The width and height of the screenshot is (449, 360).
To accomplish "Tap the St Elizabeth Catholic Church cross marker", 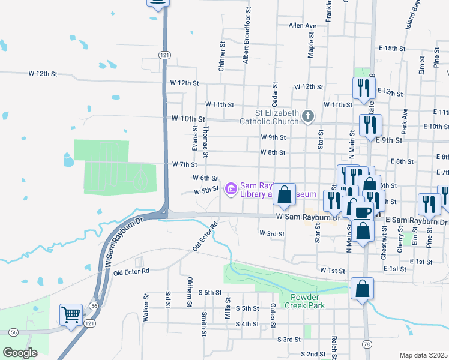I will tap(307, 116).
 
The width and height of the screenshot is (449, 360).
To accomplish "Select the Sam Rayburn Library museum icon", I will tap(231, 190).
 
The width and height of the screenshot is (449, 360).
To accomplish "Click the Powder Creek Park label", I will tap(307, 301).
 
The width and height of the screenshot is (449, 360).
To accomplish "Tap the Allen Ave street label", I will tap(302, 26).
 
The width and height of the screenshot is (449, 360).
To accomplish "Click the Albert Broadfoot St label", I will tap(246, 35).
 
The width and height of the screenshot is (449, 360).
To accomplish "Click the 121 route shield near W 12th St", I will tap(165, 55).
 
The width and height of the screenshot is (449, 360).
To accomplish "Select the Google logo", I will tap(20, 353).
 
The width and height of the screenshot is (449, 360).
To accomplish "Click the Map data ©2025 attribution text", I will tap(423, 355).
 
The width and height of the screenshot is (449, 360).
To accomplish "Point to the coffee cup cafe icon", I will tap(361, 211).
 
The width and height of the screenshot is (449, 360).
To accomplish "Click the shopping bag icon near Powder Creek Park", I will tap(363, 289).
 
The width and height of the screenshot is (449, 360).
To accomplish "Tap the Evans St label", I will tap(195, 139).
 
